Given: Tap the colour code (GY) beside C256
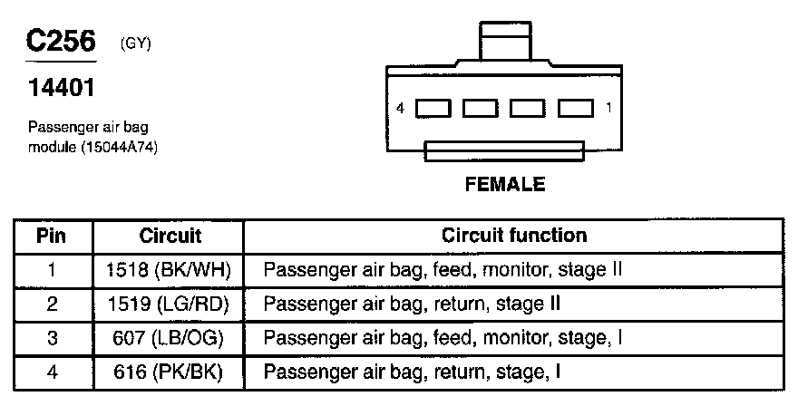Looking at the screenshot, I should tap(135, 44).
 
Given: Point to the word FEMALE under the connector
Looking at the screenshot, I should tap(505, 185).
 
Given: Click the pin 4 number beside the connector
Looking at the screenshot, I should tap(401, 109).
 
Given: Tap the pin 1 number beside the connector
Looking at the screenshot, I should tap(608, 109).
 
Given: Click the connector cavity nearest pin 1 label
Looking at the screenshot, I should tap(575, 109).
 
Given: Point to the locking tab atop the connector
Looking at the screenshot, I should tap(504, 43).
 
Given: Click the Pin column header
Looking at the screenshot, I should tap(53, 237).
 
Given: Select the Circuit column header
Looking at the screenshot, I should tap(170, 237).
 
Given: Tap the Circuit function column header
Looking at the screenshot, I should tap(514, 237).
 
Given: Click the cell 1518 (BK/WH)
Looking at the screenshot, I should tap(170, 269).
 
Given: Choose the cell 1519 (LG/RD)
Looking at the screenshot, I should tap(170, 304).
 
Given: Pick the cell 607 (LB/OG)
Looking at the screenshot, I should tap(170, 338).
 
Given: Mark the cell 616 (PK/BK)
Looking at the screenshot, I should tap(170, 372).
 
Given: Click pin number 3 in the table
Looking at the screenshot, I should tap(53, 338).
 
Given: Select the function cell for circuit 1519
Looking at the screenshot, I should tap(418, 304).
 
